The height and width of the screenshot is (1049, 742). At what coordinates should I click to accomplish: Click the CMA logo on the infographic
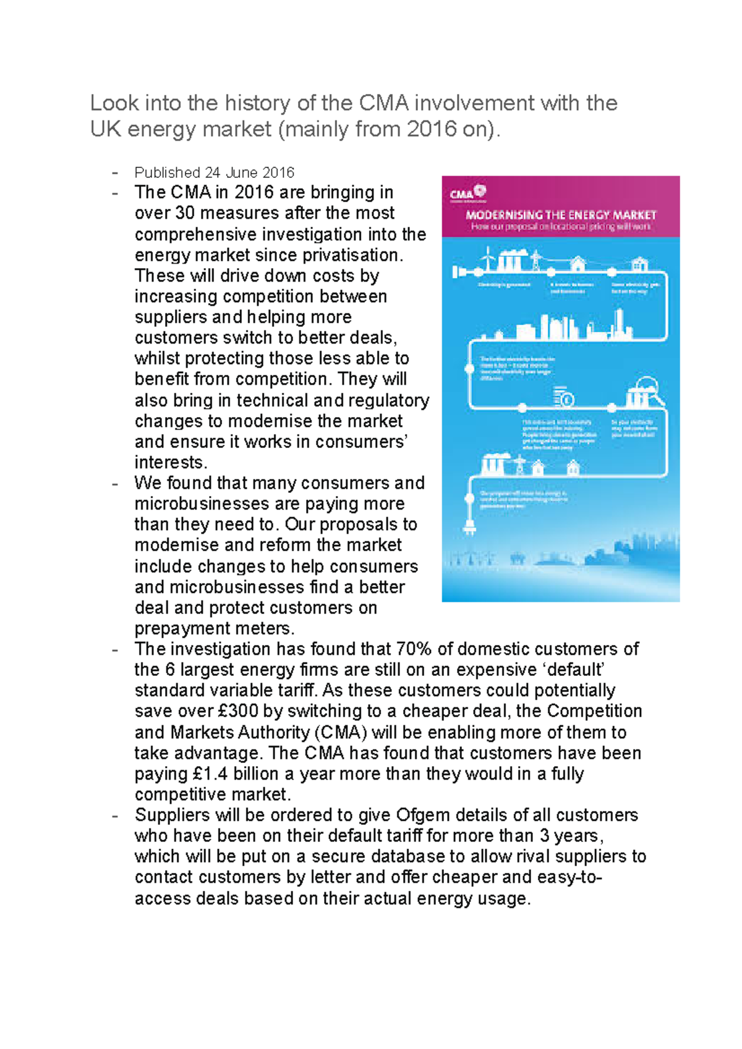(467, 193)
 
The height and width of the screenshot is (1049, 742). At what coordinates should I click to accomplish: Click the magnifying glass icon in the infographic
(651, 389)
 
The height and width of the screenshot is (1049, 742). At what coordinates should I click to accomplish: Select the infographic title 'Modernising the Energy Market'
(560, 215)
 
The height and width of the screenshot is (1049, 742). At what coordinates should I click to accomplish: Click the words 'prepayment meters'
(213, 628)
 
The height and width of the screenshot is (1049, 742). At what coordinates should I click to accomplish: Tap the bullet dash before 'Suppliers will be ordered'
(114, 815)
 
